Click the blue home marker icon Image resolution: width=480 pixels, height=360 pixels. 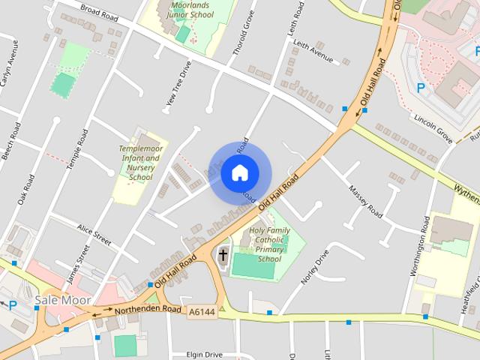239,172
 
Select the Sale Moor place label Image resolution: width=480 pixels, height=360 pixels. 63,301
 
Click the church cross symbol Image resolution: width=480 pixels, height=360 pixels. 223,256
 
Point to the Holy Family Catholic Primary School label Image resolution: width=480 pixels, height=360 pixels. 269,244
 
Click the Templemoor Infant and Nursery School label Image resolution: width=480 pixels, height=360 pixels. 140,163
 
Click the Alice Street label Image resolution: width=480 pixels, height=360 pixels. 94,233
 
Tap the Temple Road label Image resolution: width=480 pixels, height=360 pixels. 80,147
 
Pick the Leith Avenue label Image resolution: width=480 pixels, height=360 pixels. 313,51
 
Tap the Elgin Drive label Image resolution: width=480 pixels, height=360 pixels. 204,354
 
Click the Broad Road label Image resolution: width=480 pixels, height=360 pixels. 100,13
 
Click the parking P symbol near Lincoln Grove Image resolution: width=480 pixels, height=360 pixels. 420,87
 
